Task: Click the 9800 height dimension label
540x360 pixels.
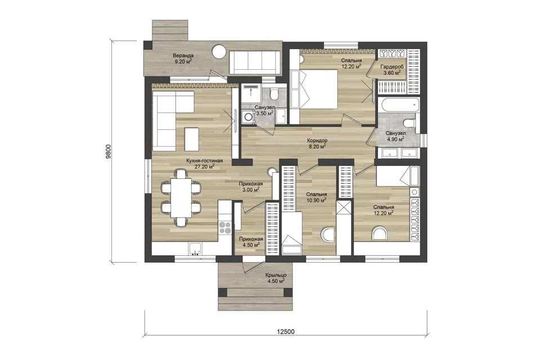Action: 109,151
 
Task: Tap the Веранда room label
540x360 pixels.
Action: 183,56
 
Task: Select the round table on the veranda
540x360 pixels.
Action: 218,52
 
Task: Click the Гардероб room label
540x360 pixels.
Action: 392,67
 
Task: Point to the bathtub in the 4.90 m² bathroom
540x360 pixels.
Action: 398,105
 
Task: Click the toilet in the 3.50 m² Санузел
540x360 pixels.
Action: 274,93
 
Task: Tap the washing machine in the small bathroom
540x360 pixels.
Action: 247,116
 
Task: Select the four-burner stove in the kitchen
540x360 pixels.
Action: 225,228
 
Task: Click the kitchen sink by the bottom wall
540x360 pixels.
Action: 196,249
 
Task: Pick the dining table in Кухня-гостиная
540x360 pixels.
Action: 181,197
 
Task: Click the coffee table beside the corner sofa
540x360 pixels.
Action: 192,139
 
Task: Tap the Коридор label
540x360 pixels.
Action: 317,141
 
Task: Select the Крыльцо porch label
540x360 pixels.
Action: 276,275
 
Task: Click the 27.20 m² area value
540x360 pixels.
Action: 205,166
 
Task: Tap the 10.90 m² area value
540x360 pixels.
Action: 317,200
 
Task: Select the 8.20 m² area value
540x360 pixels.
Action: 317,146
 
